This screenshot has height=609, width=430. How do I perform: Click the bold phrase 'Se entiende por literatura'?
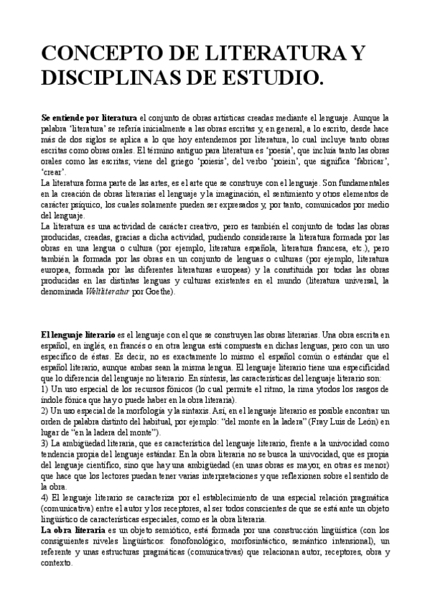pos(89,116)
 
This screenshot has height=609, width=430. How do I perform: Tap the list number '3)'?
pos(45,445)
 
